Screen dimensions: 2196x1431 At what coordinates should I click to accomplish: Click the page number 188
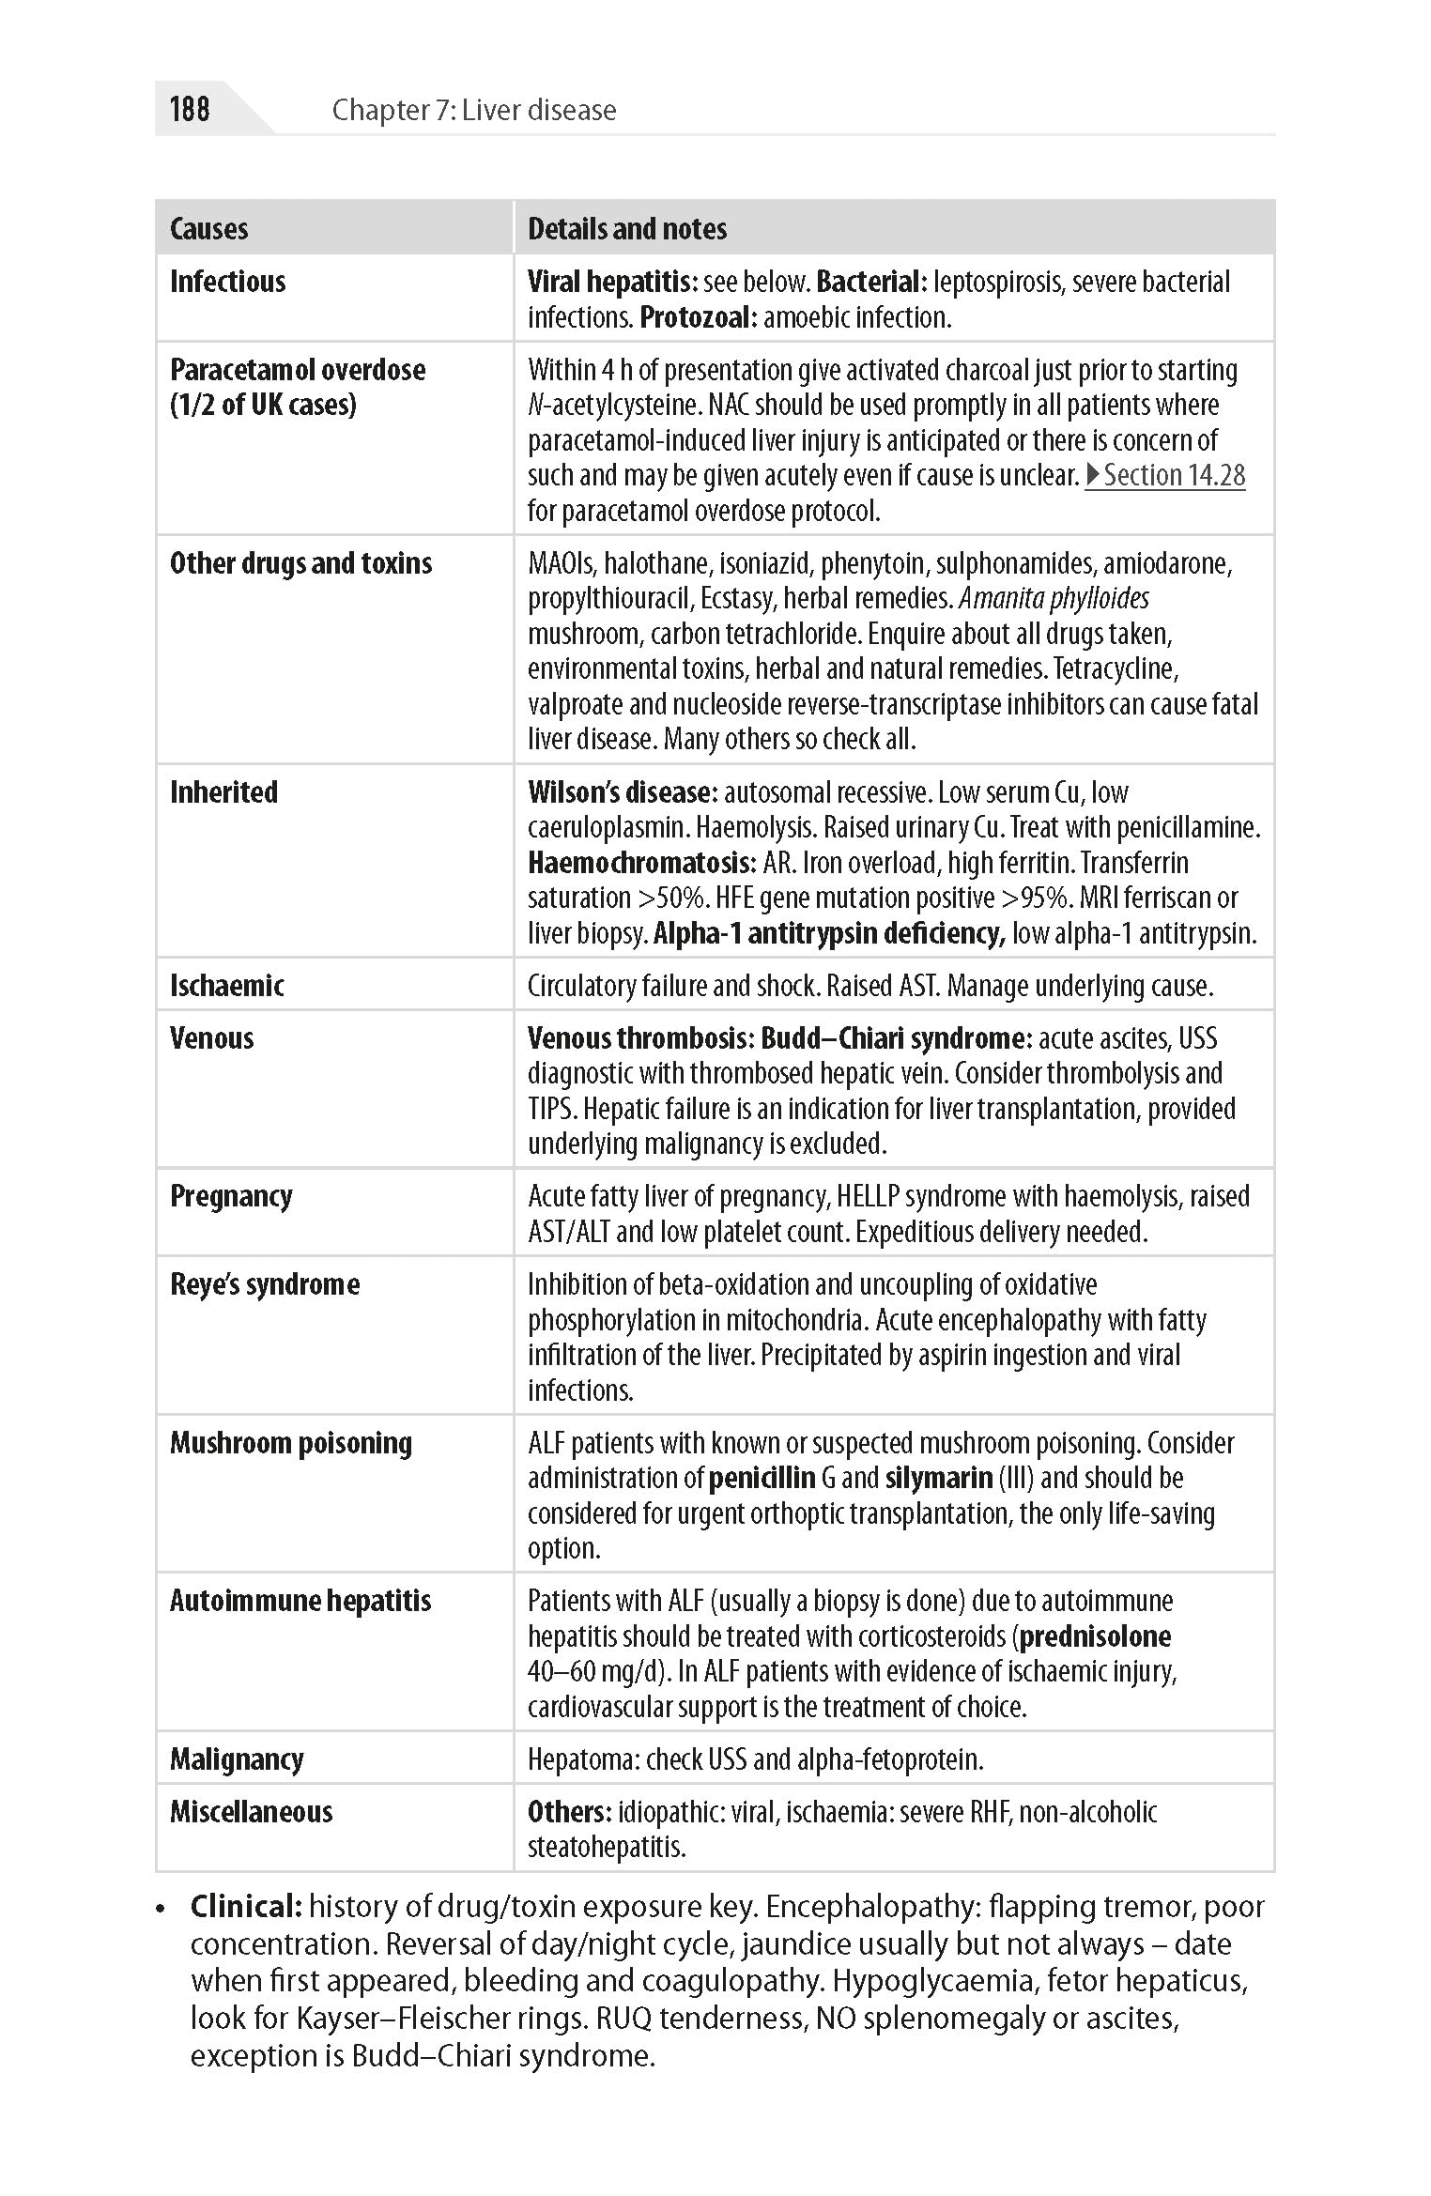(x=190, y=109)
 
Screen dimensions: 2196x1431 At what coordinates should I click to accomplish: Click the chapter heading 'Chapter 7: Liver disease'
(x=474, y=110)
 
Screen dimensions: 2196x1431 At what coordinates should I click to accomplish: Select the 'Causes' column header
(x=209, y=228)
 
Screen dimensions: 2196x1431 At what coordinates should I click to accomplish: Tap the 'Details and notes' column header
(x=627, y=228)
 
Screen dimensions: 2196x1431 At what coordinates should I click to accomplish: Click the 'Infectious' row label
(x=228, y=282)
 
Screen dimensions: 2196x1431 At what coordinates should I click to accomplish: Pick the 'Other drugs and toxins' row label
(x=301, y=563)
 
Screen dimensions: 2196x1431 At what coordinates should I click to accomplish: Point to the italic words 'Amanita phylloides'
(x=1054, y=598)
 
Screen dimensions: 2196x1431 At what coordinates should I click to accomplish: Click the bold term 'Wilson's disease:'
(x=623, y=792)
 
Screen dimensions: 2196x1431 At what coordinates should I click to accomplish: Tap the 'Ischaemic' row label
(x=227, y=986)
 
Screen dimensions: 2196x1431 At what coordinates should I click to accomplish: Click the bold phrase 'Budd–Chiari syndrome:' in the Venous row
(x=897, y=1038)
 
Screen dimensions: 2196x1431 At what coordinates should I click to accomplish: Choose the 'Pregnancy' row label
(x=231, y=1196)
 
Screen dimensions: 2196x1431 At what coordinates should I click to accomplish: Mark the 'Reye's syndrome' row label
(x=265, y=1284)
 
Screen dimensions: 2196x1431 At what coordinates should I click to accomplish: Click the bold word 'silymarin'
(x=939, y=1479)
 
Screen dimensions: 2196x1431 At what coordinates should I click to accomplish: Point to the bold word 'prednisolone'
(x=1096, y=1636)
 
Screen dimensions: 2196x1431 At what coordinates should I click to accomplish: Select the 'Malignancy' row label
(x=237, y=1759)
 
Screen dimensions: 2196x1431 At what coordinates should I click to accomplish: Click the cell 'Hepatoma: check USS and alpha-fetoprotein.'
(x=756, y=1759)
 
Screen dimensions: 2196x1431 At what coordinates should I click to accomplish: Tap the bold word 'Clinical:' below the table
(x=246, y=1907)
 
